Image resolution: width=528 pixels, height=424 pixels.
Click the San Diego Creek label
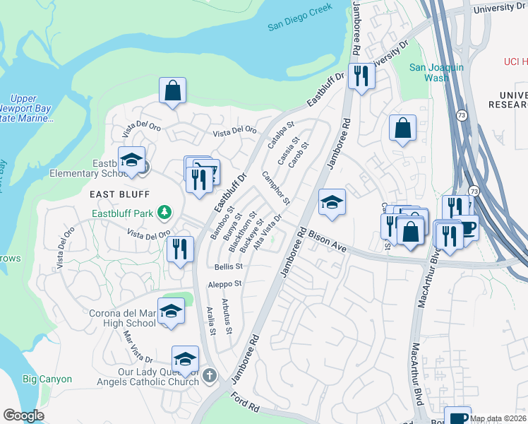pos(301,27)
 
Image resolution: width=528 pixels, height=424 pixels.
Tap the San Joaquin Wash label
pos(437,73)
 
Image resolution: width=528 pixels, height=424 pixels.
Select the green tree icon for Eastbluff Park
pos(164,212)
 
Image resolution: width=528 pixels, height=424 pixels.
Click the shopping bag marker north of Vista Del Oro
pos(172,90)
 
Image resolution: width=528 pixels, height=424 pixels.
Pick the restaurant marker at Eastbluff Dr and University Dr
pos(361,75)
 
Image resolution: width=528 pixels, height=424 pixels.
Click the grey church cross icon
pos(209,375)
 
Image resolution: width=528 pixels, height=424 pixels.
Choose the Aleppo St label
pos(224,284)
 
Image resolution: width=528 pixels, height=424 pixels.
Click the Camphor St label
pos(276,187)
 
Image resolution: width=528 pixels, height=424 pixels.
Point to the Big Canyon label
pos(47,379)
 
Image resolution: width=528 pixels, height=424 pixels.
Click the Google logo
pos(23,416)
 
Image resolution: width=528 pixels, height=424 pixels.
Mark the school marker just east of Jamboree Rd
pos(332,202)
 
